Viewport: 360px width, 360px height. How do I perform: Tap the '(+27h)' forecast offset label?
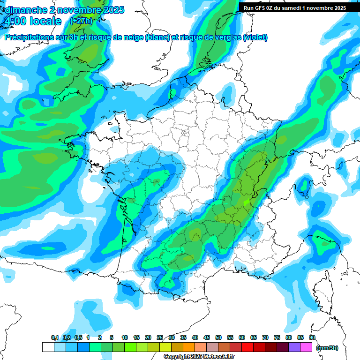(81, 21)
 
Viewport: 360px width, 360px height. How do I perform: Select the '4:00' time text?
(15, 21)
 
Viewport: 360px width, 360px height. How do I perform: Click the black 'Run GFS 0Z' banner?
(295, 8)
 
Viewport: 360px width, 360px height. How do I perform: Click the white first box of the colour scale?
(48, 347)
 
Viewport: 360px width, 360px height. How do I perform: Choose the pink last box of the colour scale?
(306, 347)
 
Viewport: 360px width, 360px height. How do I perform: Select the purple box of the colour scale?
(294, 347)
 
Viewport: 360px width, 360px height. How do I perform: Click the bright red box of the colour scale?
(247, 347)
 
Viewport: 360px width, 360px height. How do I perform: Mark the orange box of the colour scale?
(189, 347)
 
